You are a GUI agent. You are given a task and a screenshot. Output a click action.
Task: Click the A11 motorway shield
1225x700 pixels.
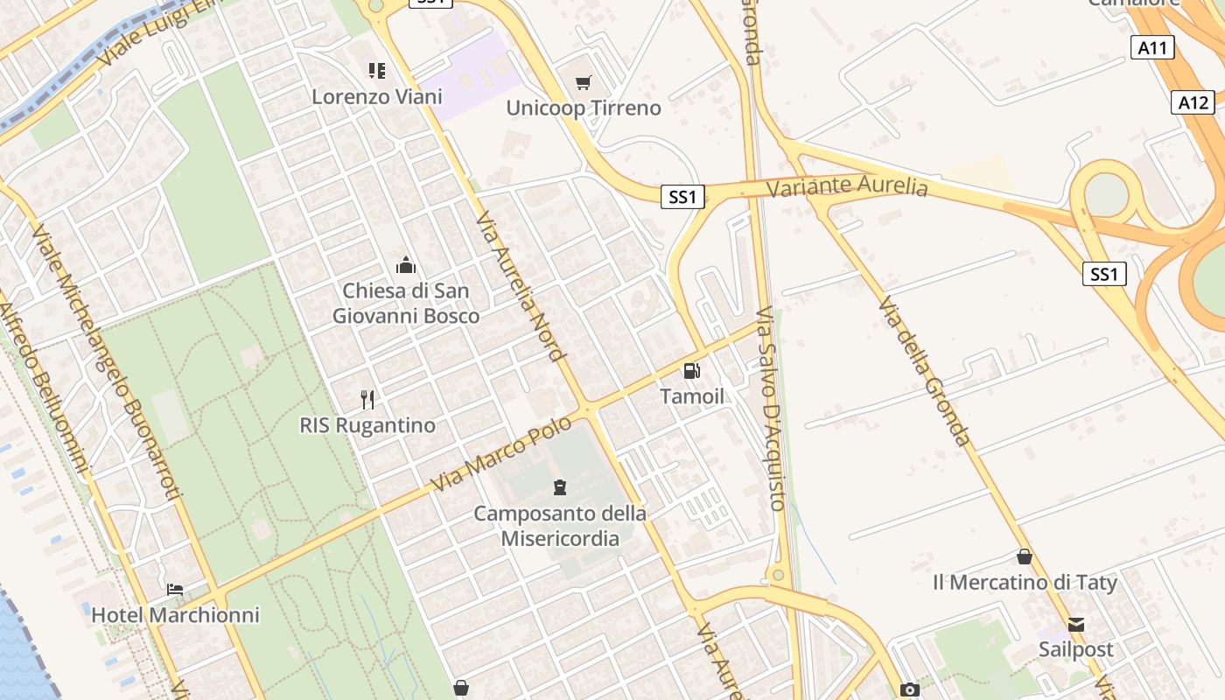coord(1152,48)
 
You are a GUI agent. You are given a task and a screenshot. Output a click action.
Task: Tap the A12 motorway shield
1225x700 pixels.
coord(1193,103)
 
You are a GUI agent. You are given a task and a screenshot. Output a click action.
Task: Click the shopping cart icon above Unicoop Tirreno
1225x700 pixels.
coord(584,83)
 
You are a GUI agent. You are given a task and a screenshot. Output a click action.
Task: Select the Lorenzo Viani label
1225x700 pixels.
coord(377,96)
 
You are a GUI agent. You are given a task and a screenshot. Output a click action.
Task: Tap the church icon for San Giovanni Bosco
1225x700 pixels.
coord(406,265)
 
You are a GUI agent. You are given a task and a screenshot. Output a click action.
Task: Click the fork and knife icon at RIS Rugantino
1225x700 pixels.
coord(367,400)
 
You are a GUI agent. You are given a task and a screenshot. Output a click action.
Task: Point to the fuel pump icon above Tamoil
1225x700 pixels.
coord(692,371)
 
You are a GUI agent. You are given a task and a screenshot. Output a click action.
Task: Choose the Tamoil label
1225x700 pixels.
coord(692,396)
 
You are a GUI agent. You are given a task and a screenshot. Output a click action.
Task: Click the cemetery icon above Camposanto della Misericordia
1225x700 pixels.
coord(560,487)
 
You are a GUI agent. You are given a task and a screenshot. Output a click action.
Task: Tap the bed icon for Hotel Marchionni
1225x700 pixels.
coord(175,590)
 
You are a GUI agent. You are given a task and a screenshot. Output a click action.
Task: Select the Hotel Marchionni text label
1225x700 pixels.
coord(176,615)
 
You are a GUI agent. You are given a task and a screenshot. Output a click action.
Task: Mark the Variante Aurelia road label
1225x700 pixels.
coord(846,186)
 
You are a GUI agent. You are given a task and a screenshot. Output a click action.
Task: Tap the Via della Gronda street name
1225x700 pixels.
coord(925,371)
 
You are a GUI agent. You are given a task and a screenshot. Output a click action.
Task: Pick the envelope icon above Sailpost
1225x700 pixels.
coord(1076,625)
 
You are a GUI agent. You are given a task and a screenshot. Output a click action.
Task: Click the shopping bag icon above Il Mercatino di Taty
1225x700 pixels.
coord(1024,556)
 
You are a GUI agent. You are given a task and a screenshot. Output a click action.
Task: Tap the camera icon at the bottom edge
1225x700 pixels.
coord(910,689)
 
